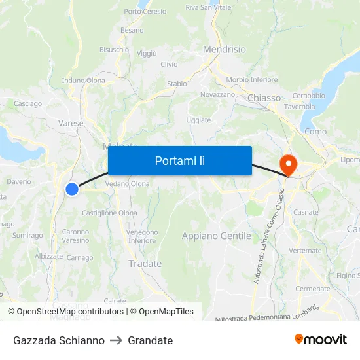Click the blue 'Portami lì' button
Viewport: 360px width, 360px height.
[x=179, y=160]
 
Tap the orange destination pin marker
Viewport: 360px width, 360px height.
[x=287, y=163]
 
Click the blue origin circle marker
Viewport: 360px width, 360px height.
[x=72, y=189]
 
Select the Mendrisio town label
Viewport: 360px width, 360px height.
[x=225, y=49]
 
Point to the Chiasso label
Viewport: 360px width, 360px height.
[x=264, y=98]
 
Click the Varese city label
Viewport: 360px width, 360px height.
[x=71, y=123]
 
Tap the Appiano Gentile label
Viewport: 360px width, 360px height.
[x=216, y=236]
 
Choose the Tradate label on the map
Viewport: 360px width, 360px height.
[x=145, y=264]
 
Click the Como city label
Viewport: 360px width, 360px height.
[x=315, y=132]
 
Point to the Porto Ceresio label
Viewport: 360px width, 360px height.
[x=145, y=12]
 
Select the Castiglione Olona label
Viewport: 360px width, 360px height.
[x=109, y=213]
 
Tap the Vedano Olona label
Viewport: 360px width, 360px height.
[x=128, y=184]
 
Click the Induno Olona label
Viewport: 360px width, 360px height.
[x=83, y=81]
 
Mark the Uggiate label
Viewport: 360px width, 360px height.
[x=199, y=120]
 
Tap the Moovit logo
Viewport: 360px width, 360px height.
[x=321, y=340]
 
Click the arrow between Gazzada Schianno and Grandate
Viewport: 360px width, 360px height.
[x=117, y=340]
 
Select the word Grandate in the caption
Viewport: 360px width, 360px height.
[x=151, y=340]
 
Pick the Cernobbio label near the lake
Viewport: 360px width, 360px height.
[x=308, y=96]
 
